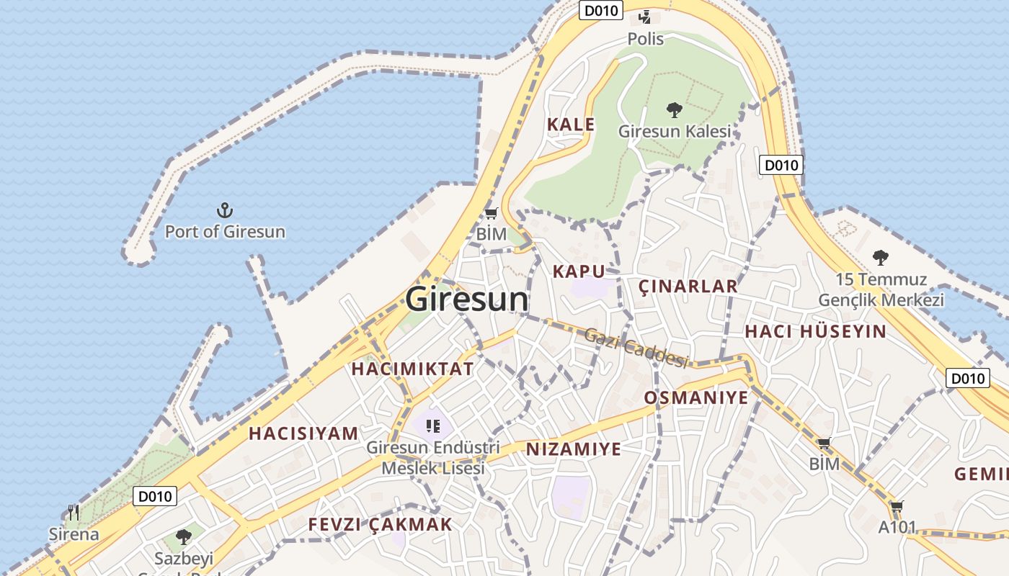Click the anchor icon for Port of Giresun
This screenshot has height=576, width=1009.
tap(226, 210)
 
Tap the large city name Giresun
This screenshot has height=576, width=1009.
tap(467, 299)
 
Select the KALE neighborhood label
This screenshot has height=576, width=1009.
tap(571, 125)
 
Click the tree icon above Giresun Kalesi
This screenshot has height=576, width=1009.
tap(675, 110)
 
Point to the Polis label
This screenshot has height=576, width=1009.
tap(645, 39)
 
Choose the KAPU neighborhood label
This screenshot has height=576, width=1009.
tap(578, 271)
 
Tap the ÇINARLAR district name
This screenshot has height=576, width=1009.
tap(688, 287)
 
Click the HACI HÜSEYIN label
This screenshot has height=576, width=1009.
tap(815, 331)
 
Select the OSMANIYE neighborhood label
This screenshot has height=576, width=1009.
tap(696, 397)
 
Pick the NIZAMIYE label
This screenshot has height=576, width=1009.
tap(573, 449)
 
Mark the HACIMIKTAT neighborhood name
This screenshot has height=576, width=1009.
tap(412, 369)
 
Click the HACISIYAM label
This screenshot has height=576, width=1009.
tap(303, 433)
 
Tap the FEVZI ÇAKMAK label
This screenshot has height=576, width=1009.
tap(380, 524)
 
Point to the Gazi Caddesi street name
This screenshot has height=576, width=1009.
tap(636, 347)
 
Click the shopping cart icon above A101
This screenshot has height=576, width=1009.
tap(897, 507)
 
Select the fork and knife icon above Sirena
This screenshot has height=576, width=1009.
tap(74, 513)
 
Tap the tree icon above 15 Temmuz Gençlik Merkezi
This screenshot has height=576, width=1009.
tap(880, 257)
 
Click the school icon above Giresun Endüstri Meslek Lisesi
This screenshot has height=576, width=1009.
tap(432, 426)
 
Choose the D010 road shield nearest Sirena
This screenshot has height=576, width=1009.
tap(155, 496)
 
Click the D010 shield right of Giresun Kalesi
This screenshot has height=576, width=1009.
tap(781, 165)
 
